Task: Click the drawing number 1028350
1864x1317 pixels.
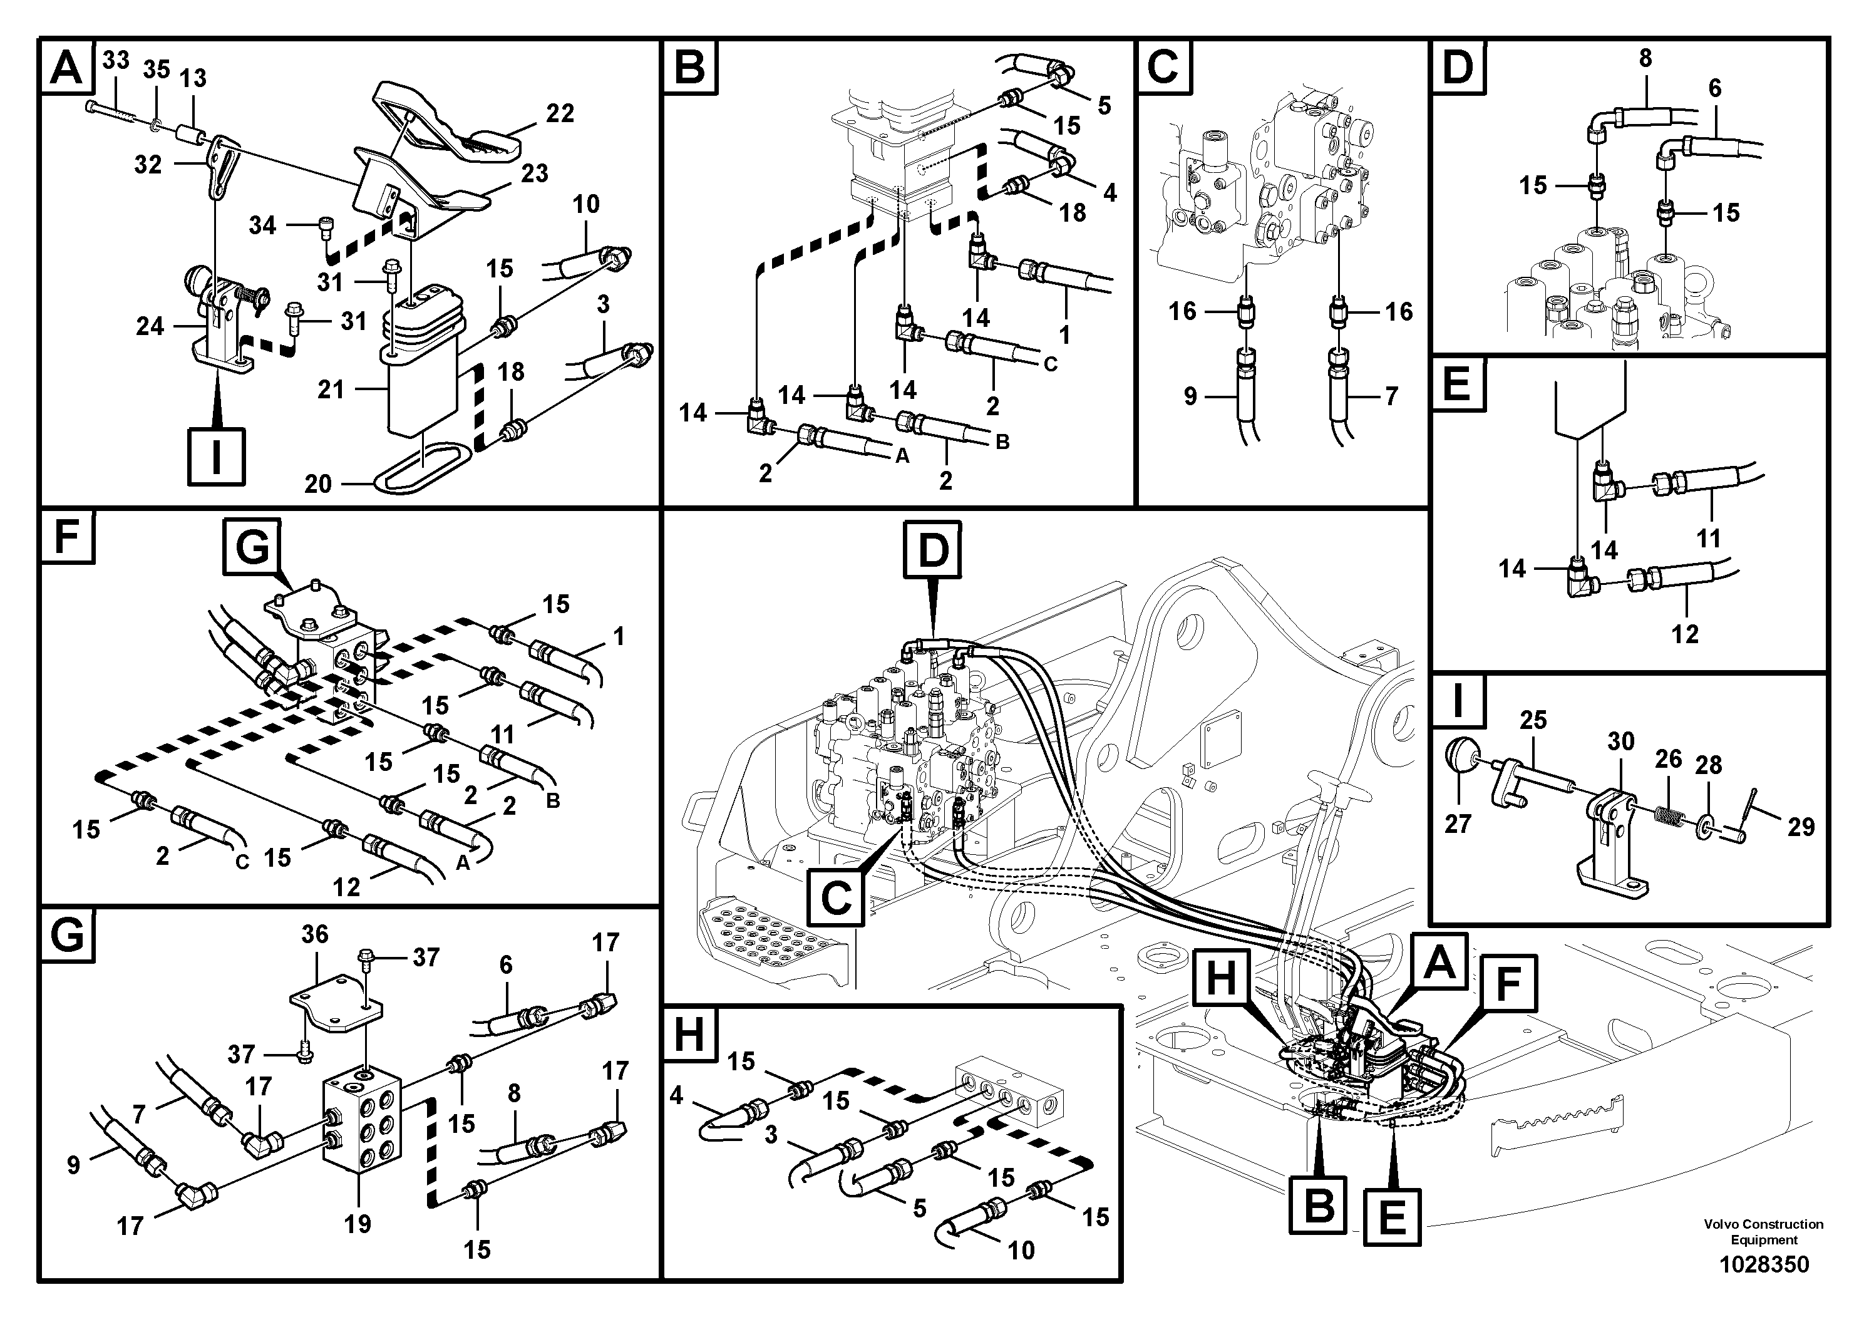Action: [x=1763, y=1264]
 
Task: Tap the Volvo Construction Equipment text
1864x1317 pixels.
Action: [x=1763, y=1232]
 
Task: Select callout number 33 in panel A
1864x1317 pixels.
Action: [x=116, y=60]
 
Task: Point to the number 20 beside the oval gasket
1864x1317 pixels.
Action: [x=317, y=484]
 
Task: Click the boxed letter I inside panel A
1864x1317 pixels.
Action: [x=216, y=457]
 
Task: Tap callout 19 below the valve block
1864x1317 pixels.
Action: [x=358, y=1224]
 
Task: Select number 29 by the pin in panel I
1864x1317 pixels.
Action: [x=1801, y=827]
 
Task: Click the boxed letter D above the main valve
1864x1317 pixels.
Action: [x=933, y=550]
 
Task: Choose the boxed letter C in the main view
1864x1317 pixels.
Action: [x=837, y=897]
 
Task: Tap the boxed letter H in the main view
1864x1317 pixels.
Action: [x=1221, y=978]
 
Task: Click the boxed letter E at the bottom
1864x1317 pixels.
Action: [x=1393, y=1216]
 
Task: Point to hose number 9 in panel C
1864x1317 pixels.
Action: [x=1190, y=396]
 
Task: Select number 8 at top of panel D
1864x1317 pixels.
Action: [x=1645, y=58]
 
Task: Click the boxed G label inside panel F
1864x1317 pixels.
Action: [x=252, y=548]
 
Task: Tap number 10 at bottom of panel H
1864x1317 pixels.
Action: [x=1021, y=1251]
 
